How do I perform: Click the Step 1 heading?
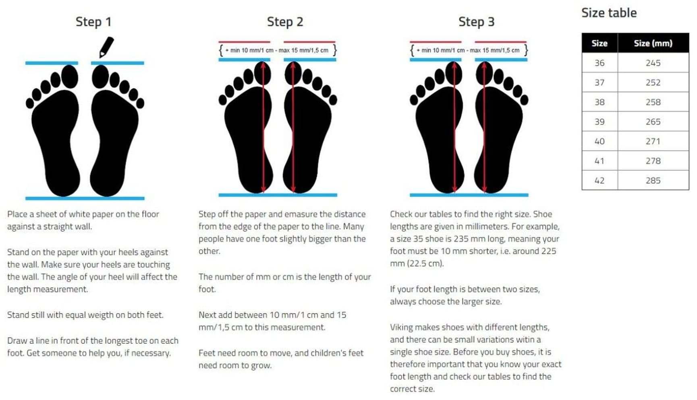tap(93, 22)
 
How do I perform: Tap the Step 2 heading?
tap(285, 22)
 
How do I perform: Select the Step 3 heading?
tap(476, 22)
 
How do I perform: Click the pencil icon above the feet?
tap(106, 47)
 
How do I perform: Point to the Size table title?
tap(609, 13)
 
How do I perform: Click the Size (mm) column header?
tap(653, 43)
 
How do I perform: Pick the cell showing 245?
tap(653, 63)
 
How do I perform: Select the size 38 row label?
tap(600, 102)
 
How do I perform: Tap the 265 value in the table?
tap(653, 122)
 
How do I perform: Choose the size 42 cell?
tap(600, 181)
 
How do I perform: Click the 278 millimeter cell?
tap(653, 161)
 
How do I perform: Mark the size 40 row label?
tap(600, 141)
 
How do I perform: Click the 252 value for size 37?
tap(653, 82)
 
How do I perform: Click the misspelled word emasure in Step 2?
tap(286, 214)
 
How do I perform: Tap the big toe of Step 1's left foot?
tap(70, 76)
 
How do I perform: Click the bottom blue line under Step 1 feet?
tap(85, 198)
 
